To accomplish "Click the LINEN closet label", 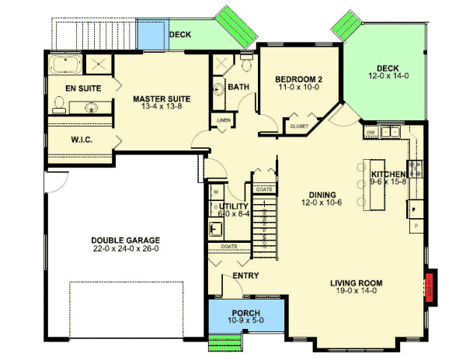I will click(224, 120).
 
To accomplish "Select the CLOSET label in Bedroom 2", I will click(298, 125).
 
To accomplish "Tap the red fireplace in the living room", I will click(428, 285).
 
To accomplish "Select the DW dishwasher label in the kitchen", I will click(372, 133).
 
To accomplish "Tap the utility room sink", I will click(215, 229).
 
